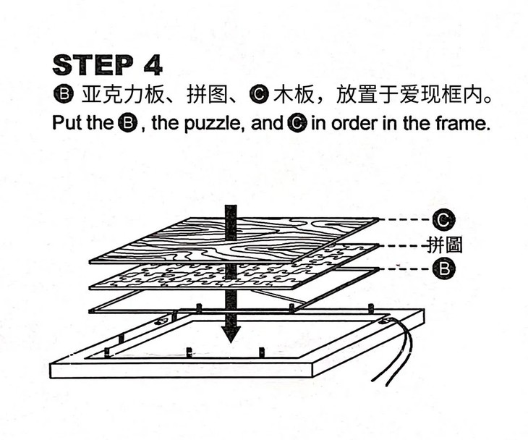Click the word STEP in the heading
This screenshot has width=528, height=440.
click(x=91, y=65)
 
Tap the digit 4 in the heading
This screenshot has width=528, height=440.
click(x=152, y=65)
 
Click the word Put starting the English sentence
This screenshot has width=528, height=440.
click(x=67, y=123)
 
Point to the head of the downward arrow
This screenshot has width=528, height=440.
click(x=231, y=334)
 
